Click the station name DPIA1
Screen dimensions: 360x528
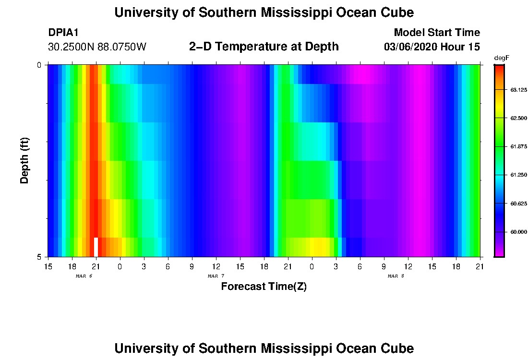pos(63,33)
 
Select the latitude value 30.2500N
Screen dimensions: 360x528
pos(71,47)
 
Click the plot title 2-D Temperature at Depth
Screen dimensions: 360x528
pos(264,47)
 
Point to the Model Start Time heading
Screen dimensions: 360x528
pos(437,33)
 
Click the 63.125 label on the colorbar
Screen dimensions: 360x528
pos(519,90)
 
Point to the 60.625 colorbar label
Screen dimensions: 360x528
pos(519,204)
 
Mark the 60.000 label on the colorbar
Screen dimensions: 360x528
pos(519,232)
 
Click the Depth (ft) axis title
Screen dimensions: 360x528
pos(25,160)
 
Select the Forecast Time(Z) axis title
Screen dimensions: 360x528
pos(264,287)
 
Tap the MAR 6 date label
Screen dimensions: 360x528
pos(84,276)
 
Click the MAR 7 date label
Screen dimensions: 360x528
pos(216,276)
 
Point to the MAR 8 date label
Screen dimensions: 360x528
pos(396,276)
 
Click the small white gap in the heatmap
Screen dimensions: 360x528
pos(96,247)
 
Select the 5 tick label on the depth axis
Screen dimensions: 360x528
pos(39,257)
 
